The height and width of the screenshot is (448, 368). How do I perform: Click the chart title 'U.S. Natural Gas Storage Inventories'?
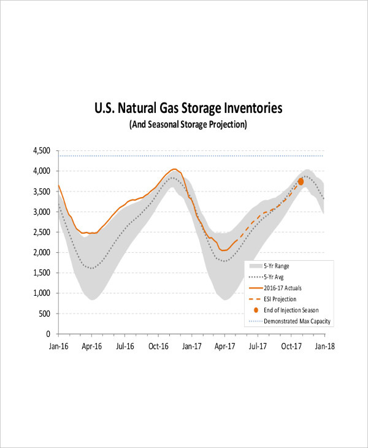188,109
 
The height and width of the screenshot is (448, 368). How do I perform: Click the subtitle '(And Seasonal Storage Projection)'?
188,125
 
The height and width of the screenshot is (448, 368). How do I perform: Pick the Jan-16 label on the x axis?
58,346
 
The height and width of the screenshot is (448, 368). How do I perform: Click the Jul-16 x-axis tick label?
125,346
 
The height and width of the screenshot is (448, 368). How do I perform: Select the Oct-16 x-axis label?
158,346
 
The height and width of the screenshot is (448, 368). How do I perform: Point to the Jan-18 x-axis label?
325,346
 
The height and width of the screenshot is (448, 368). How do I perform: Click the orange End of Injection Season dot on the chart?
301,182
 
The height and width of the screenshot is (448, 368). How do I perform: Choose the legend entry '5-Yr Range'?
277,266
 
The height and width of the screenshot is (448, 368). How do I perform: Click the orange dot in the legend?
255,310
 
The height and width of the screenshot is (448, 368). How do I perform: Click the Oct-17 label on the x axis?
291,346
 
